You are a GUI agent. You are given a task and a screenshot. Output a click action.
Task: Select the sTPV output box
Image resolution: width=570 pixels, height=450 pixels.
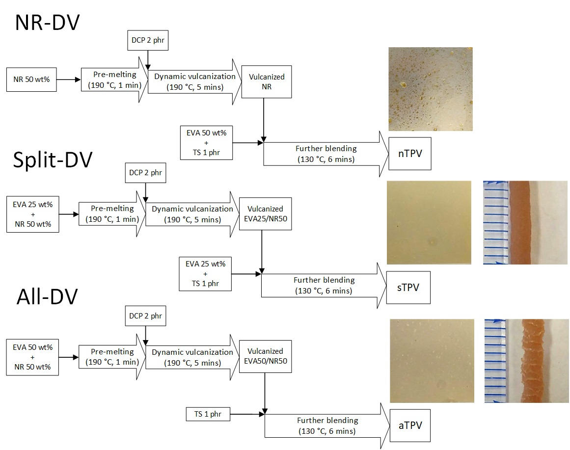407,287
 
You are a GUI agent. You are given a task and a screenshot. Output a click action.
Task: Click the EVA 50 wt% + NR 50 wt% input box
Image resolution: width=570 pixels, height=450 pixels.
31,357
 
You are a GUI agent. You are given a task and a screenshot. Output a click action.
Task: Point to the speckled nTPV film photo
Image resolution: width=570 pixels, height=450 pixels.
430,89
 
